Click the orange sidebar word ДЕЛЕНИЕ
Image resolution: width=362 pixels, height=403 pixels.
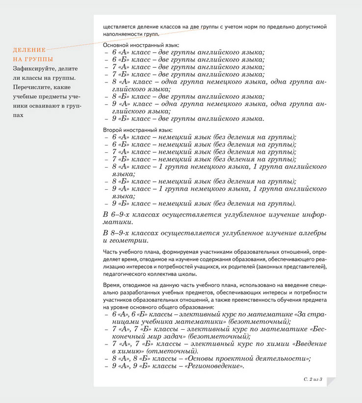[29, 50]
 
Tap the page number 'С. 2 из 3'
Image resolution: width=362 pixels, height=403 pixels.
[312, 379]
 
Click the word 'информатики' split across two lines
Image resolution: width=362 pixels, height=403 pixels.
[314, 215]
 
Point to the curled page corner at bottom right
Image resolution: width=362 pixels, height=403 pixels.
[330, 381]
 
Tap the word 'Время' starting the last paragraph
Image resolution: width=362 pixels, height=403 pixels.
[111, 285]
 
